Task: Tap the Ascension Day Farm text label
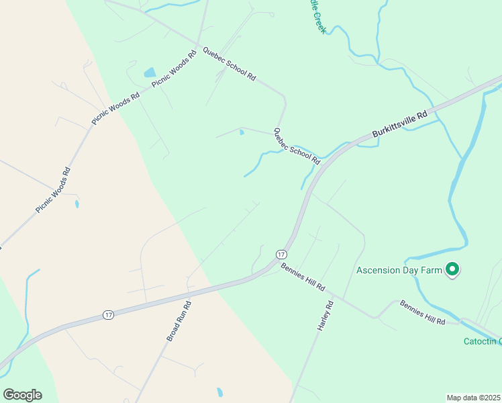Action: (399, 271)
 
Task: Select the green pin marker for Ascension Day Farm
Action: (452, 269)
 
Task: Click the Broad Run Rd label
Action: (178, 321)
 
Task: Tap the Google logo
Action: (22, 395)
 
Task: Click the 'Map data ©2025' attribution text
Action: (472, 398)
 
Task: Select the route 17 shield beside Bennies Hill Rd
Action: (281, 254)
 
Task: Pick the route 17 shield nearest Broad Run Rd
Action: (107, 314)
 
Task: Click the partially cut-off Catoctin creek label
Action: (483, 341)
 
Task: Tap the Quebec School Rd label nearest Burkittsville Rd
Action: (296, 146)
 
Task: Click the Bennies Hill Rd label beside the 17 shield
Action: (303, 277)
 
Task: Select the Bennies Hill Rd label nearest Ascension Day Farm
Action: (423, 312)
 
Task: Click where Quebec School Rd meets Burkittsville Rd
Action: (321, 166)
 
